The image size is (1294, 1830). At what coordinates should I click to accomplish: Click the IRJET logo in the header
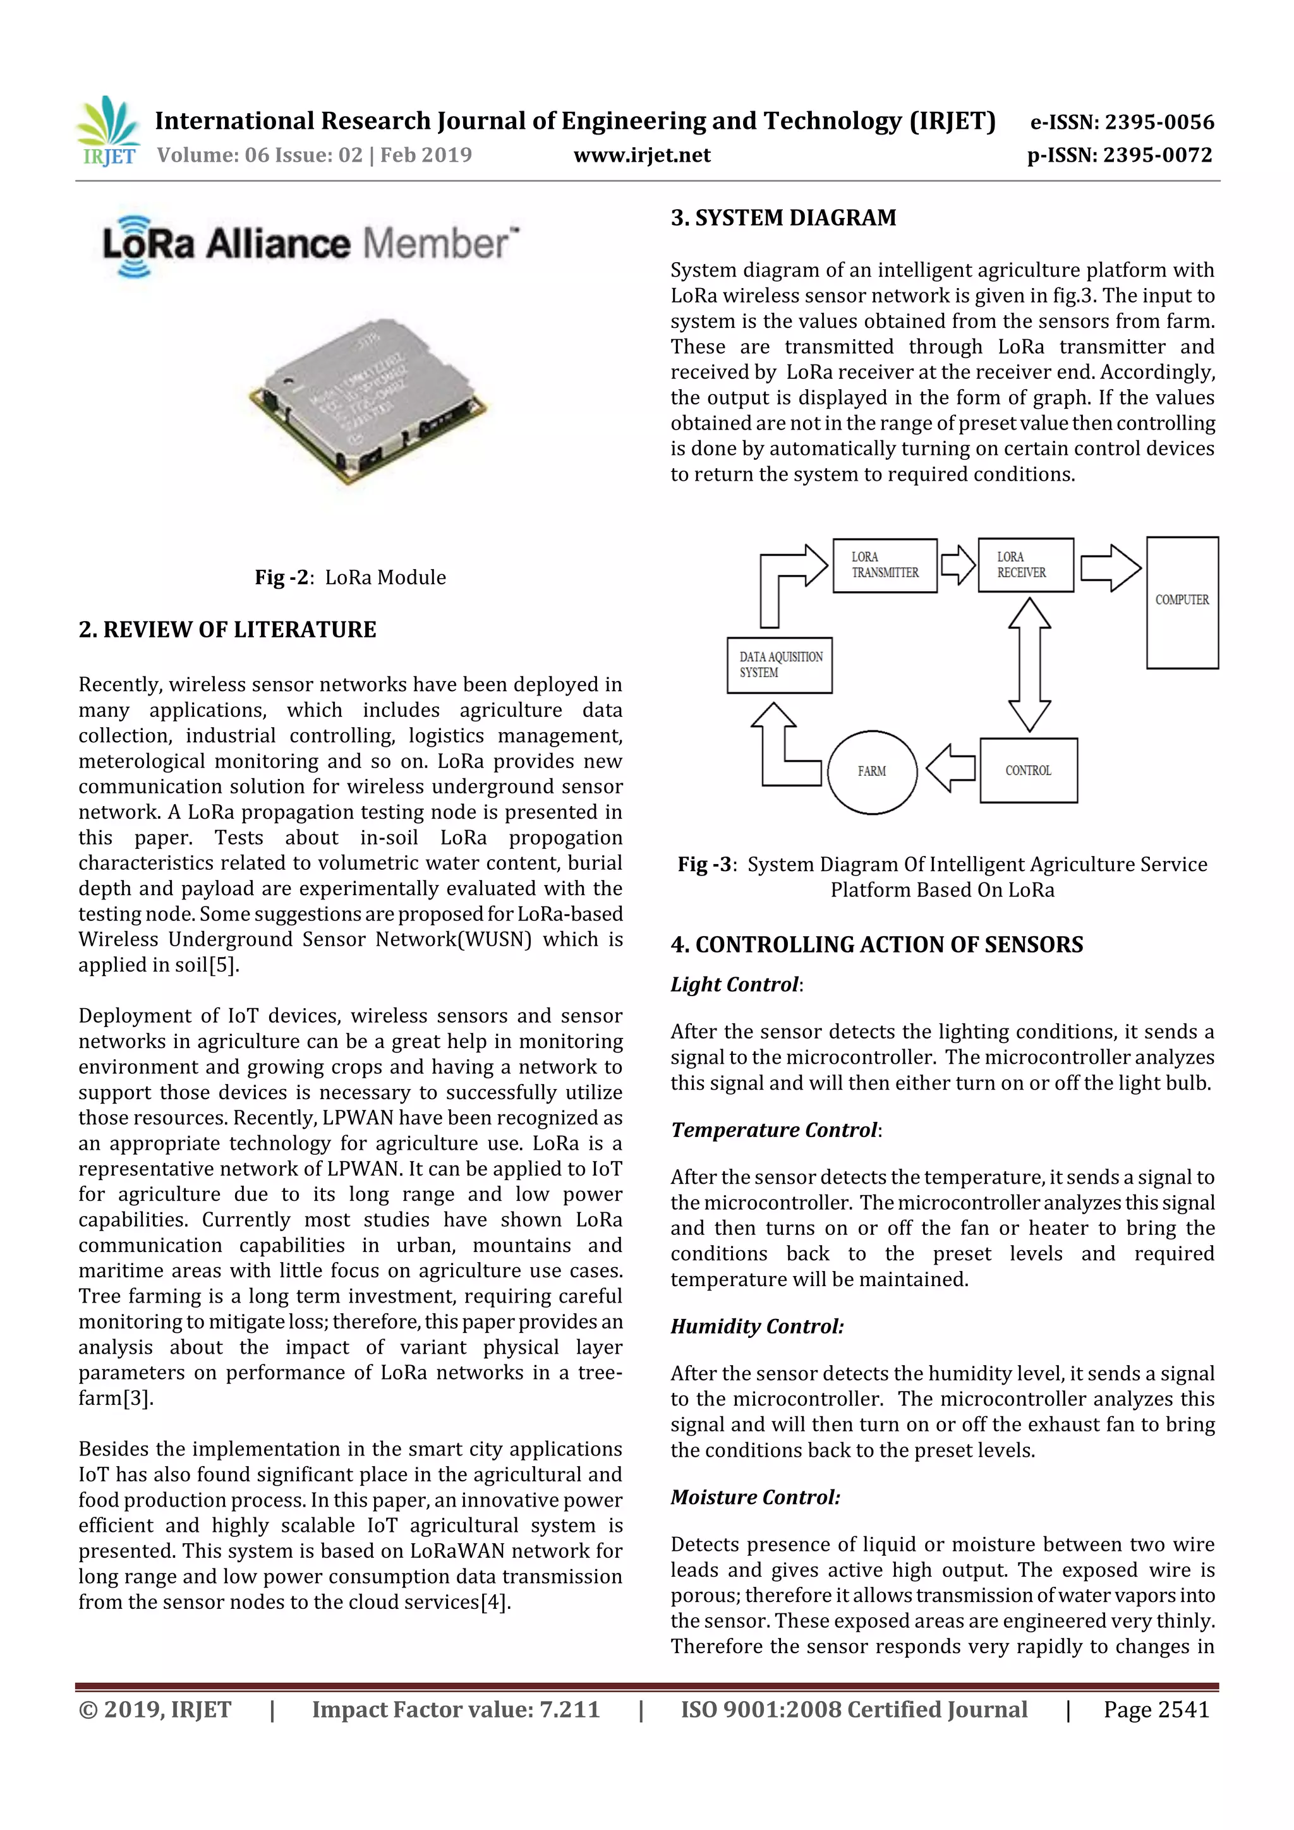(109, 132)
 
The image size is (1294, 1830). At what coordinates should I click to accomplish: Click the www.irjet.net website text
(641, 155)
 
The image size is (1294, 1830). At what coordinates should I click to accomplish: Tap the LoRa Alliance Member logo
(310, 244)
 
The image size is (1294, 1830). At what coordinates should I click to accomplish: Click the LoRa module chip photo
(368, 402)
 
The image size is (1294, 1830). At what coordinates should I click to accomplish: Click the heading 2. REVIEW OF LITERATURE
(227, 630)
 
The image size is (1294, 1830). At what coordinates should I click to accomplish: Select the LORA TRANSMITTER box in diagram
(884, 565)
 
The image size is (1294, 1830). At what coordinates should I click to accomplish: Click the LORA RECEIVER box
(1024, 565)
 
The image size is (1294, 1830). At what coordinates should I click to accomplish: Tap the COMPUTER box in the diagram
(1182, 602)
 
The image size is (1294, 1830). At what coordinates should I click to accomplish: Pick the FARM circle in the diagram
(871, 771)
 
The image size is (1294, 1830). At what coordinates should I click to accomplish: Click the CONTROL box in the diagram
(1028, 770)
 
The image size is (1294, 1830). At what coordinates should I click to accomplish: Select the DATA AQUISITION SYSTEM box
(779, 665)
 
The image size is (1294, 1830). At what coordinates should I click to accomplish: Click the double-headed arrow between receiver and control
(1029, 665)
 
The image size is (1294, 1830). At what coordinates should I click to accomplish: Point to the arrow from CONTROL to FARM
(950, 768)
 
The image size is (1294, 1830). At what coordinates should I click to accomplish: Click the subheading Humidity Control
(757, 1327)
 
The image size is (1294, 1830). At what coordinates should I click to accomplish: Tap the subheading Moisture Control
(755, 1497)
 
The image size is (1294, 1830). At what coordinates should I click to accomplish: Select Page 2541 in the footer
(1156, 1709)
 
